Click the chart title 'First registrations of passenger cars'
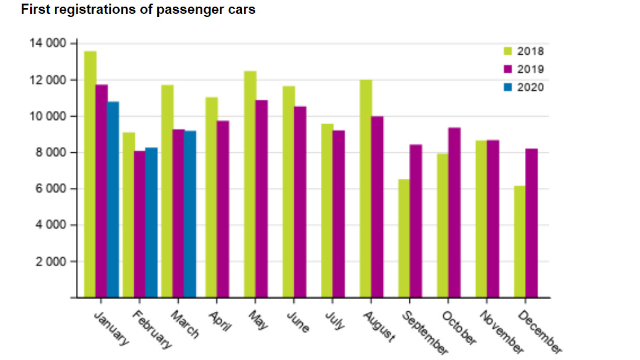[138, 10]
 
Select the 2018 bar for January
[90, 175]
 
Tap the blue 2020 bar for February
[152, 223]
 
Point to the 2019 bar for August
[377, 207]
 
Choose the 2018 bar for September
[405, 238]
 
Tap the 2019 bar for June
[300, 202]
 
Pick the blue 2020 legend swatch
[508, 87]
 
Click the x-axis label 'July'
[336, 320]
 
